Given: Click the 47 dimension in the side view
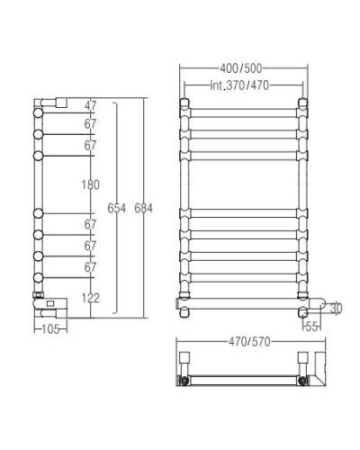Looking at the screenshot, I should pyautogui.click(x=89, y=104).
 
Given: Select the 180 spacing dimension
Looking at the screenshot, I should pyautogui.click(x=89, y=184).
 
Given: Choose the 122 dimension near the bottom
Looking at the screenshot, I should pyautogui.click(x=89, y=298).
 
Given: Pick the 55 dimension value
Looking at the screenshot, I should pyautogui.click(x=311, y=325).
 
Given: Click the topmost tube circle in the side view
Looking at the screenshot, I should pyautogui.click(x=38, y=114).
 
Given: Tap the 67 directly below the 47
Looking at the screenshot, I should pyautogui.click(x=89, y=124).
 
